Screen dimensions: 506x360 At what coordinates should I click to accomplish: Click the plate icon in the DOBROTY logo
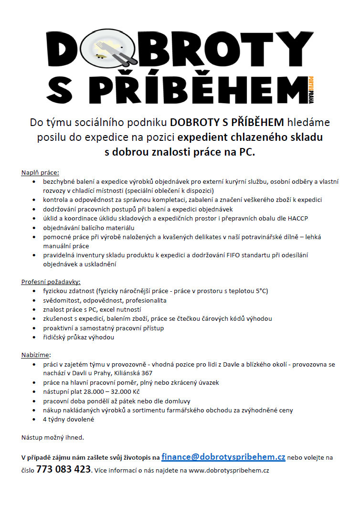[109, 47]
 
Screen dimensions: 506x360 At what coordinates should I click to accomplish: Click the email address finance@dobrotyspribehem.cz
[223, 457]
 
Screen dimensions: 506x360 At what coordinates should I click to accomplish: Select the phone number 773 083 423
[64, 469]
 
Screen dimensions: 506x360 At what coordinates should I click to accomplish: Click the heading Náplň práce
[40, 172]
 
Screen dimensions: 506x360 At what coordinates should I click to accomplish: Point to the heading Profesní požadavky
[51, 282]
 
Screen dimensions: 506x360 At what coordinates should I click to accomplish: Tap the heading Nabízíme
[35, 355]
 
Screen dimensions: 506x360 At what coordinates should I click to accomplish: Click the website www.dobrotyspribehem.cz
[229, 470]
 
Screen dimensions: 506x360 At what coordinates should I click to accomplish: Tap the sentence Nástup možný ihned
[53, 437]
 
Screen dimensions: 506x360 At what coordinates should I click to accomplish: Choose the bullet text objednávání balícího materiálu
[89, 227]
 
